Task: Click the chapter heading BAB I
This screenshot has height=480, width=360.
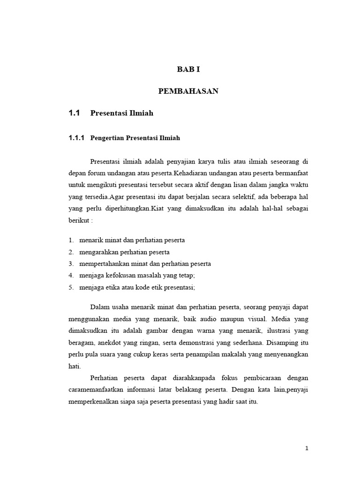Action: coord(188,69)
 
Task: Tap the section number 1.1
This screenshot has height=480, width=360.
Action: coord(75,113)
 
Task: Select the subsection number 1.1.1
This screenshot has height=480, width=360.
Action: coord(76,138)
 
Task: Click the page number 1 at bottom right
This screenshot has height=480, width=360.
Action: coord(307,449)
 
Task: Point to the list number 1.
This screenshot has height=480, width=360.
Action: coord(70,240)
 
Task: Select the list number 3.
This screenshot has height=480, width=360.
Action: coord(70,264)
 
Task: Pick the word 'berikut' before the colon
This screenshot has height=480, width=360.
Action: coord(78,220)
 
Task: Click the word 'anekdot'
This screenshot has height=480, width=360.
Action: coord(112,343)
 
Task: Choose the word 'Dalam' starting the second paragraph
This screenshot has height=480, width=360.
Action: coord(99,307)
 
